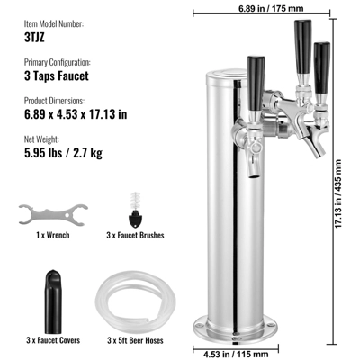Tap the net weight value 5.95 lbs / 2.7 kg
pyautogui.click(x=64, y=154)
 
